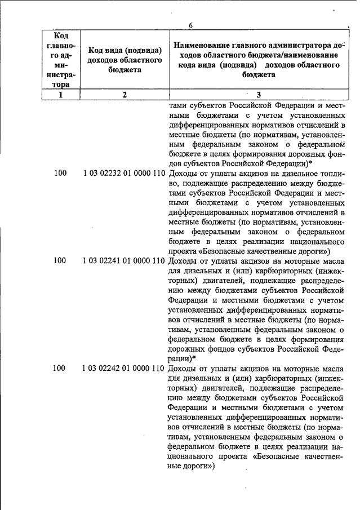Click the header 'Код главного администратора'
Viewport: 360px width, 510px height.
click(x=61, y=60)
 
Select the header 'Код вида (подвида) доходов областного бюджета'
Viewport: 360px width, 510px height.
click(x=125, y=60)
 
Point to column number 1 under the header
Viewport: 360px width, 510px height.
click(x=61, y=95)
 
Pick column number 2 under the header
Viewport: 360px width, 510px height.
click(x=125, y=95)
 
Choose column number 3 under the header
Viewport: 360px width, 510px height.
click(x=259, y=95)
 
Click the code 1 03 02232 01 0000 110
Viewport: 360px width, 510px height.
click(x=124, y=174)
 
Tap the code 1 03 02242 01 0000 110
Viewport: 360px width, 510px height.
click(x=124, y=369)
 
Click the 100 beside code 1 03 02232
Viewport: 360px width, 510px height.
click(x=60, y=174)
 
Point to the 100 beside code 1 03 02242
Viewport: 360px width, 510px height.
click(x=60, y=369)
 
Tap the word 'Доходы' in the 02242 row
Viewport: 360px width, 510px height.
click(x=184, y=369)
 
